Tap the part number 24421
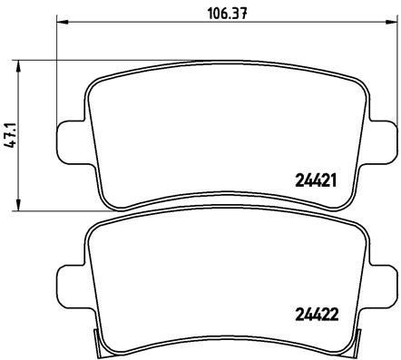coord(317,180)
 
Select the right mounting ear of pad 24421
coord(385,141)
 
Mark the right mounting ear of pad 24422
coord(385,278)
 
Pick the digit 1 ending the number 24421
coord(335,180)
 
